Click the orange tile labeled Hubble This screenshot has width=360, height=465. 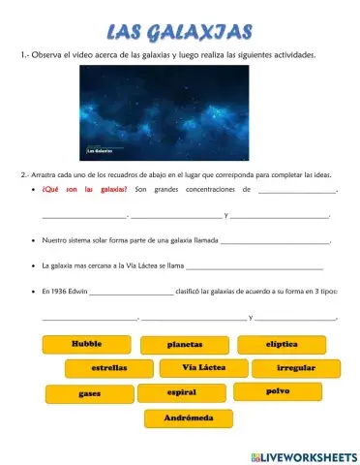point(86,344)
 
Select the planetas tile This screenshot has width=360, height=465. point(184,345)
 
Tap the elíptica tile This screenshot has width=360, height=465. point(282,344)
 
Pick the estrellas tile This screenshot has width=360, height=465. point(109,369)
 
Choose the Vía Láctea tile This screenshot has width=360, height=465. point(202,368)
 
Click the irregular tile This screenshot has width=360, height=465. point(295,369)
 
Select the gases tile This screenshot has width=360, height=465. point(89,394)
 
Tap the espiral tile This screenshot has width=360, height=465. point(181,392)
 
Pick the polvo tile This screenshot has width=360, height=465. point(277,391)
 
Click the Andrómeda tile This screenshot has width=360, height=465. point(189,418)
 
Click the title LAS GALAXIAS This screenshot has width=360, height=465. point(180,34)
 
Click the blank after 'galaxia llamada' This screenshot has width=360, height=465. point(276,238)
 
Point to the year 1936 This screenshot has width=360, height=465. point(57,290)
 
